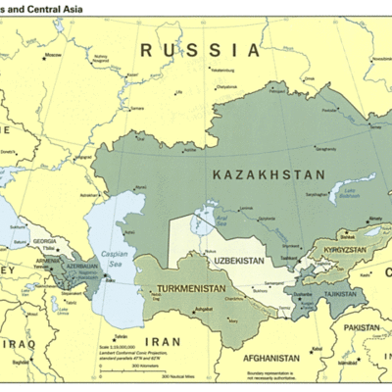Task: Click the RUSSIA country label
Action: (200, 49)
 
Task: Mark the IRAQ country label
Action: (24, 345)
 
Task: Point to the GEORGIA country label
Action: (43, 240)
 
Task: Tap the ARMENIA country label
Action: (48, 262)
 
